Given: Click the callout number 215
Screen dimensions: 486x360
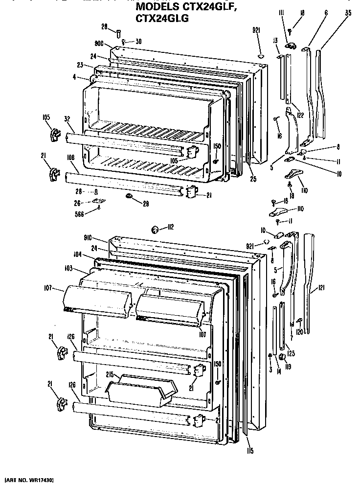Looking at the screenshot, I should click(110, 375).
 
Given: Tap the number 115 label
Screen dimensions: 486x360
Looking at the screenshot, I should click(250, 451).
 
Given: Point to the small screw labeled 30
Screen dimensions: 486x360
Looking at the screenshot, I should click(124, 42).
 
